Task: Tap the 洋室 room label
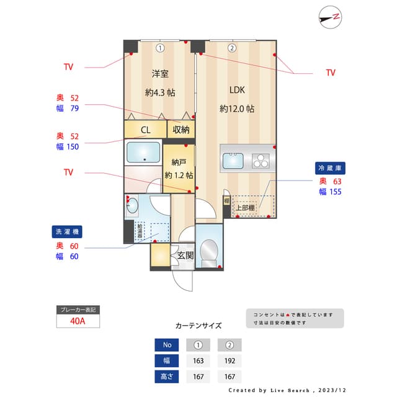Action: [160, 74]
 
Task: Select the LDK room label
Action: [237, 90]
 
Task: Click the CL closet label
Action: [145, 130]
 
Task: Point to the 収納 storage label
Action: [181, 130]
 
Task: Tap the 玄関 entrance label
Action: [185, 255]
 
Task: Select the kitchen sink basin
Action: [234, 161]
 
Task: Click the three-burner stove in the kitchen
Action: [261, 161]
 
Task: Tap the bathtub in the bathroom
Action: [143, 152]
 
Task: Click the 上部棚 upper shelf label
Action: [245, 208]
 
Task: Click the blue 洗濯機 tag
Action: [67, 232]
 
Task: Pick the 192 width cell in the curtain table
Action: [229, 361]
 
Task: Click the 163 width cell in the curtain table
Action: [198, 361]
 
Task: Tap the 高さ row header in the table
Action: [166, 377]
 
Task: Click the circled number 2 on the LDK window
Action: [231, 48]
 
